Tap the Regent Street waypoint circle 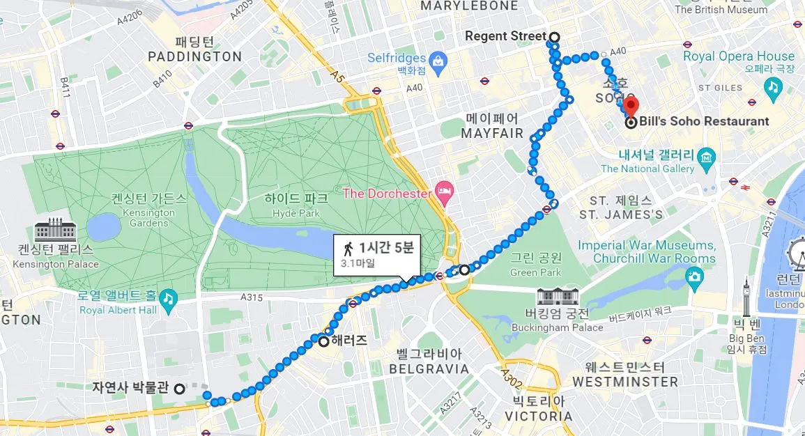click(554, 37)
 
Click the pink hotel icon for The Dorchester click(441, 190)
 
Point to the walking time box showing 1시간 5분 click(376, 254)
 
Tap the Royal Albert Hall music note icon click(167, 299)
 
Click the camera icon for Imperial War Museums click(693, 277)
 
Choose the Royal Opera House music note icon click(772, 86)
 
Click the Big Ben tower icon click(746, 294)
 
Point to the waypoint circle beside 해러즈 click(324, 342)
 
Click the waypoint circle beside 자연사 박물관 click(180, 389)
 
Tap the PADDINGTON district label click(195, 57)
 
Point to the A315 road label click(252, 297)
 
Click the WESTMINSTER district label click(624, 382)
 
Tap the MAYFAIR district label click(492, 133)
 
